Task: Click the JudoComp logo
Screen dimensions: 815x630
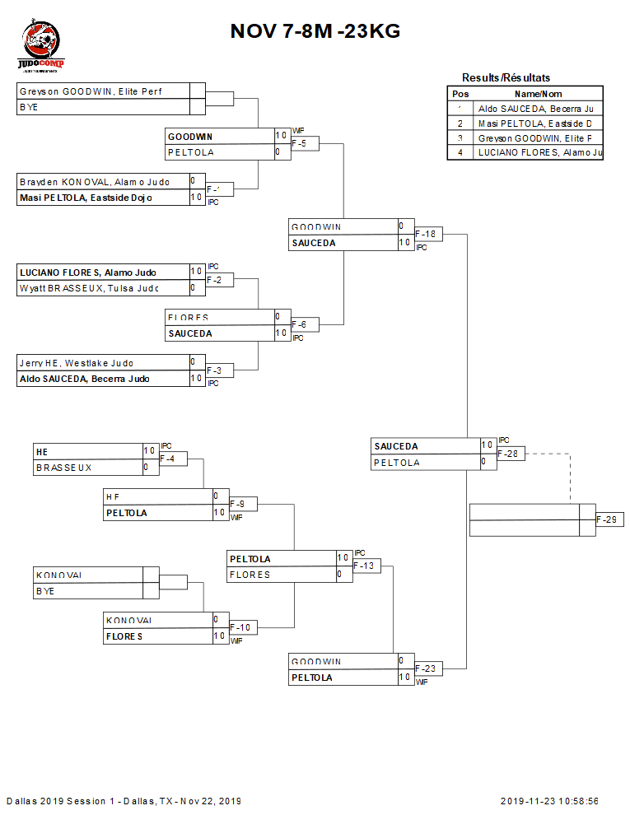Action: click(x=41, y=48)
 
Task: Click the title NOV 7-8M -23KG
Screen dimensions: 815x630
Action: click(x=315, y=31)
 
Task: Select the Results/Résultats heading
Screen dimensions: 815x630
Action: click(x=506, y=77)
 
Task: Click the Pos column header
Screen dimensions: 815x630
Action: click(x=460, y=94)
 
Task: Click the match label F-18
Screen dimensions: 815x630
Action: click(x=429, y=234)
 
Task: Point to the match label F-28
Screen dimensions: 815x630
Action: click(x=511, y=454)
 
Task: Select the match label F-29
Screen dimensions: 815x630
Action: click(x=609, y=519)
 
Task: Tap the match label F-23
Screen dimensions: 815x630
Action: click(x=429, y=668)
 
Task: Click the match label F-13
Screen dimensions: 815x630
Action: click(x=366, y=566)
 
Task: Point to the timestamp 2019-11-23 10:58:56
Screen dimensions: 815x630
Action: click(x=549, y=801)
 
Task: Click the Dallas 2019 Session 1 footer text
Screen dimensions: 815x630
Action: click(x=124, y=801)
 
